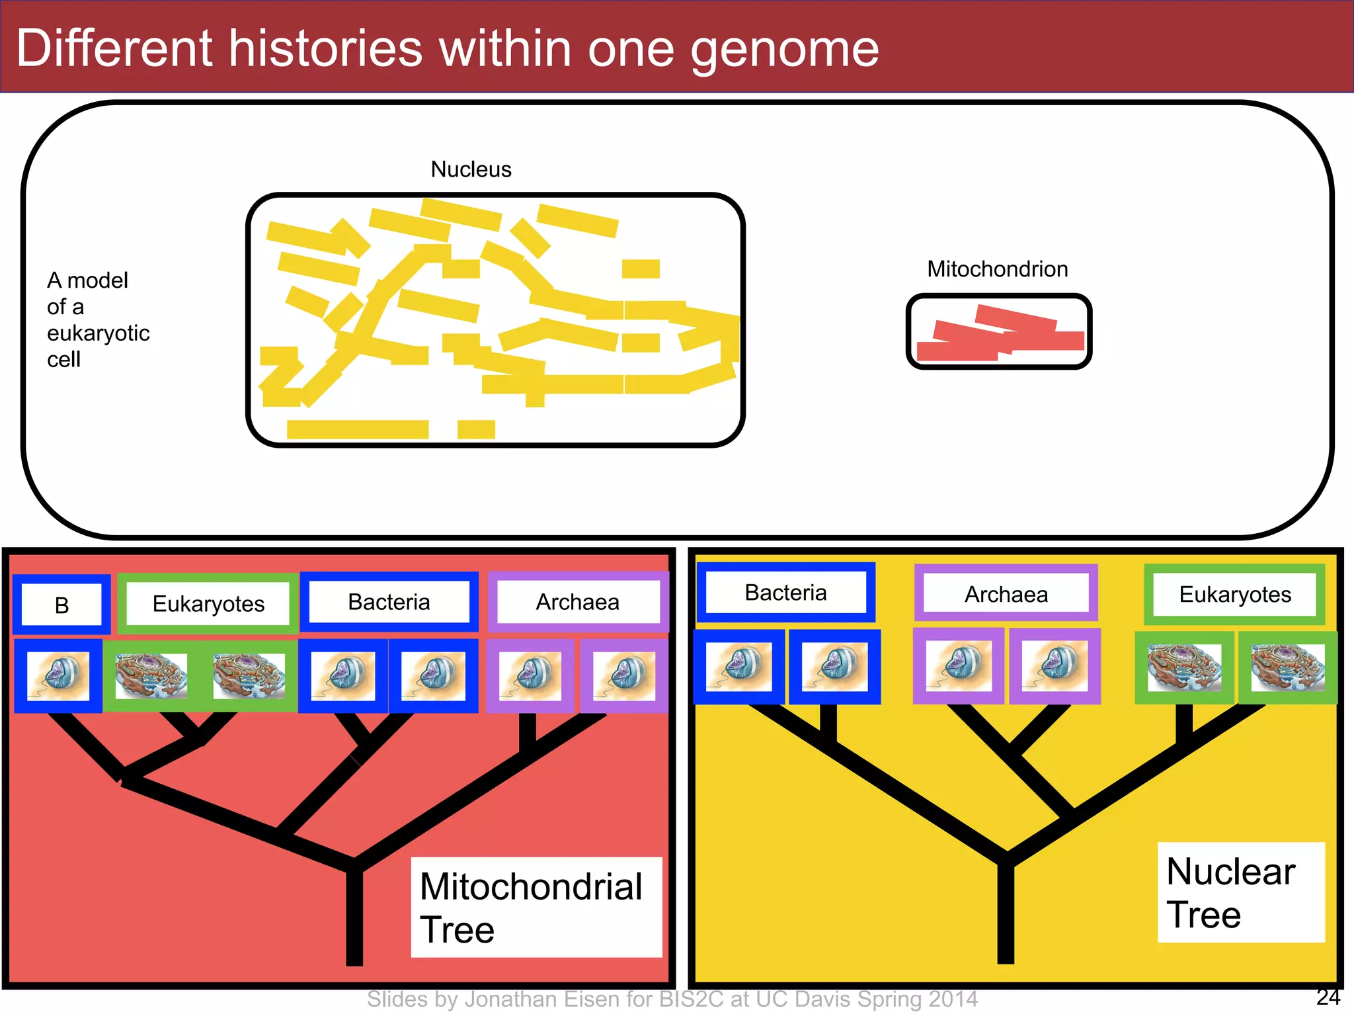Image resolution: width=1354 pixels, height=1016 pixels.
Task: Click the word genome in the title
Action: (x=784, y=50)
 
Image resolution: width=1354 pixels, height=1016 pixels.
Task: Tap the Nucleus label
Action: (x=471, y=169)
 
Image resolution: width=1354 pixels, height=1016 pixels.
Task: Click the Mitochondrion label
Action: (x=997, y=269)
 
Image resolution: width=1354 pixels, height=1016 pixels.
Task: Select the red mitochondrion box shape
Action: (x=998, y=331)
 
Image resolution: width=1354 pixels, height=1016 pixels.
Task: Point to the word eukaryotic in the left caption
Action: (x=98, y=333)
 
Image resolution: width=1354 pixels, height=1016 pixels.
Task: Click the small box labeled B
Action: (x=61, y=605)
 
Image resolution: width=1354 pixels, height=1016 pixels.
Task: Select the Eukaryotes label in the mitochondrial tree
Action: (x=208, y=603)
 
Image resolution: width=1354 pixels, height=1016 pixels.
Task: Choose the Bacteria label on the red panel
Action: (x=389, y=602)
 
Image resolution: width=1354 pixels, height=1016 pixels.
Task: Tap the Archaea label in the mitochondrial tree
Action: (x=577, y=602)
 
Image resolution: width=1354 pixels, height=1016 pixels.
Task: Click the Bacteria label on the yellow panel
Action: (x=785, y=593)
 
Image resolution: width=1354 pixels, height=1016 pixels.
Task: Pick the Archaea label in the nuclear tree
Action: (x=1006, y=594)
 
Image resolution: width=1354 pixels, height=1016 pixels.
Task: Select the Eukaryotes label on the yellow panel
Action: (x=1234, y=594)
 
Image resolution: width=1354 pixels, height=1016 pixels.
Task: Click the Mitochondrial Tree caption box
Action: (x=536, y=907)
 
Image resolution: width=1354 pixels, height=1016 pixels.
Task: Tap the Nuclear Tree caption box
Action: (x=1240, y=892)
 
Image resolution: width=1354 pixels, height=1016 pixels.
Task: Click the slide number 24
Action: (x=1328, y=997)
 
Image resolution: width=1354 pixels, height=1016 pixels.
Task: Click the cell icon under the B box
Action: (x=58, y=675)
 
